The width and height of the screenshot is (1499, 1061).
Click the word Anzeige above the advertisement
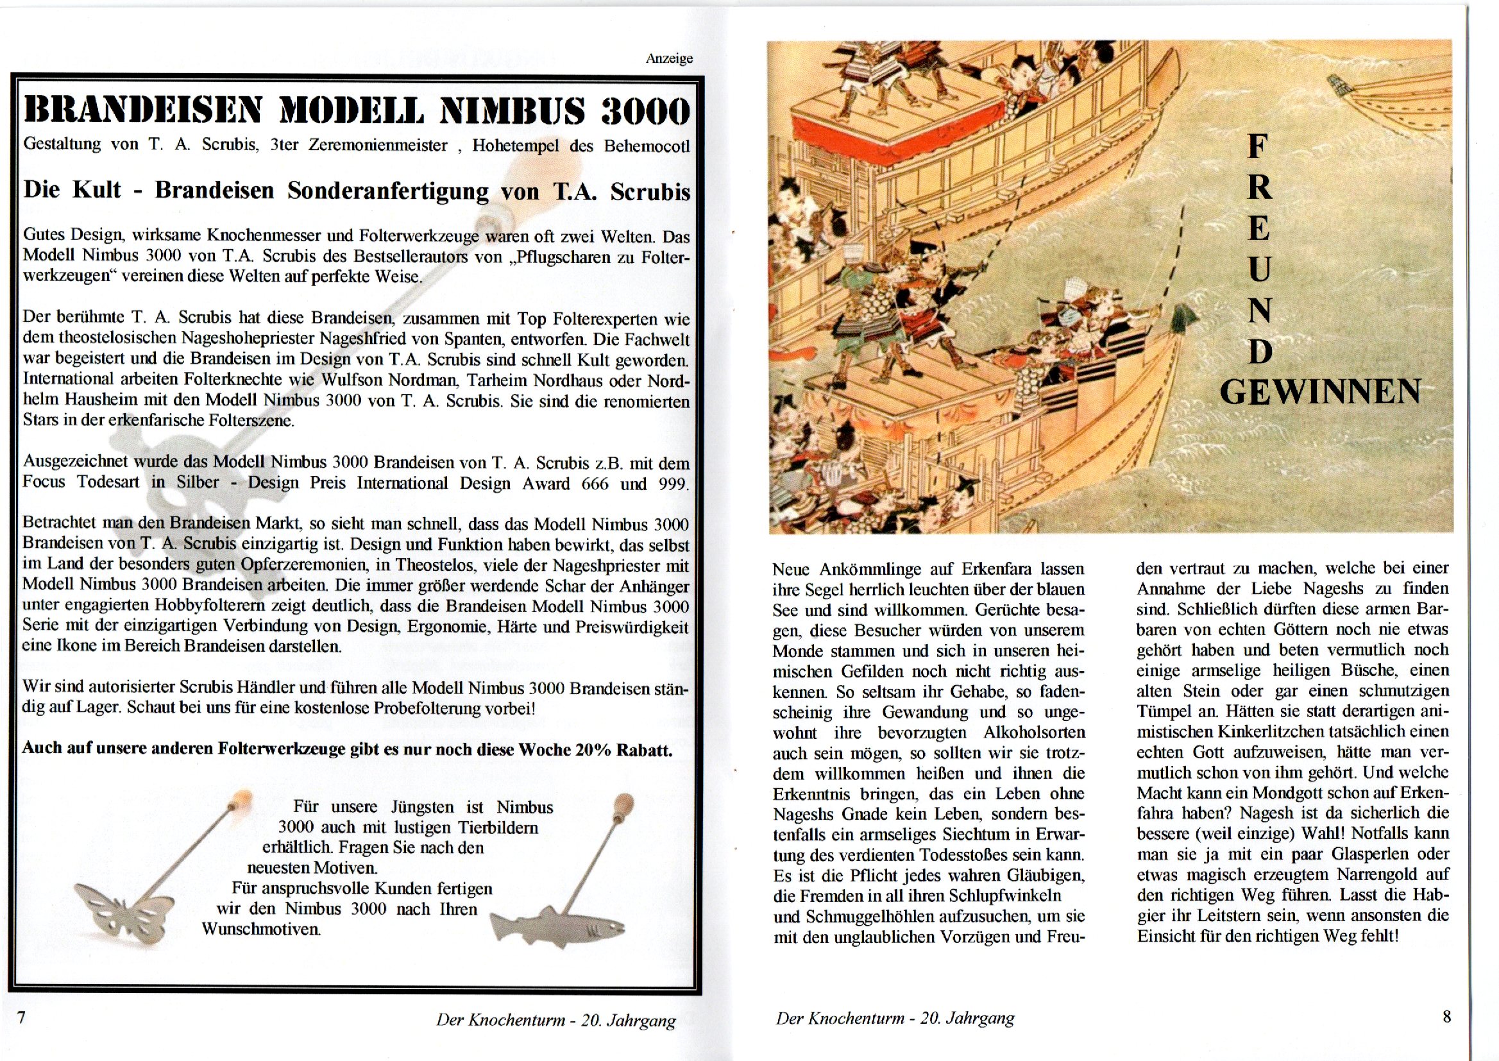669,59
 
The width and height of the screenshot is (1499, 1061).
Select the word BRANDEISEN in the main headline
142,111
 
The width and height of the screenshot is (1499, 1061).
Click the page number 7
21,1017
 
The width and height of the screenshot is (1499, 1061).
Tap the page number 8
1446,1017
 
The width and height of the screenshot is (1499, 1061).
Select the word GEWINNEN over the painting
1320,391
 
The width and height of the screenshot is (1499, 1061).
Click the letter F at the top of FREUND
1257,146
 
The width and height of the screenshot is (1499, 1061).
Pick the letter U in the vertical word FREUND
1259,269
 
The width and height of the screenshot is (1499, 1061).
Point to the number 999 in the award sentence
673,484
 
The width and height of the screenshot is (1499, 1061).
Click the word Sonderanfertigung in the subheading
388,191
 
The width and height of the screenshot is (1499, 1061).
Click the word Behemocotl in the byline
647,146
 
